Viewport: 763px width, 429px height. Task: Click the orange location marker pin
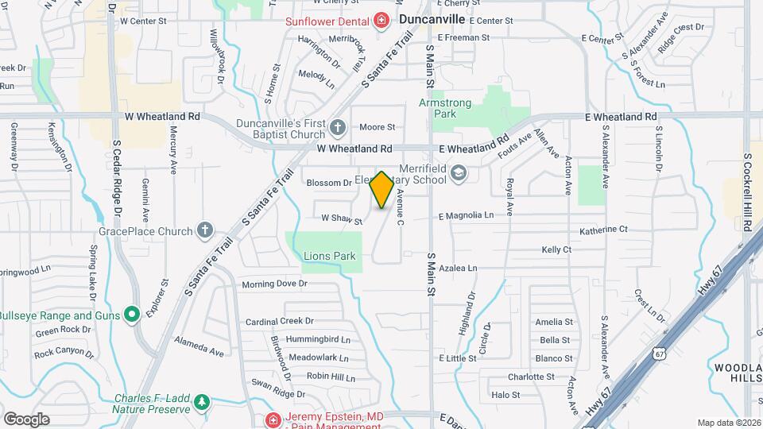[382, 190]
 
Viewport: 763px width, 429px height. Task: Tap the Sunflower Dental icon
[381, 20]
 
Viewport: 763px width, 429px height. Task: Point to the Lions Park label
[329, 256]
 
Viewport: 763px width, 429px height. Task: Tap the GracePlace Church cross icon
[205, 231]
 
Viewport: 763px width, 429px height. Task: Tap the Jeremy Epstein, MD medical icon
[273, 419]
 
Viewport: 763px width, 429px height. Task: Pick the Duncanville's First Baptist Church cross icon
[337, 127]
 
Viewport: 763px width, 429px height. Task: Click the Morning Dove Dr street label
[274, 284]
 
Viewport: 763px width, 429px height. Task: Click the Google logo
[27, 419]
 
